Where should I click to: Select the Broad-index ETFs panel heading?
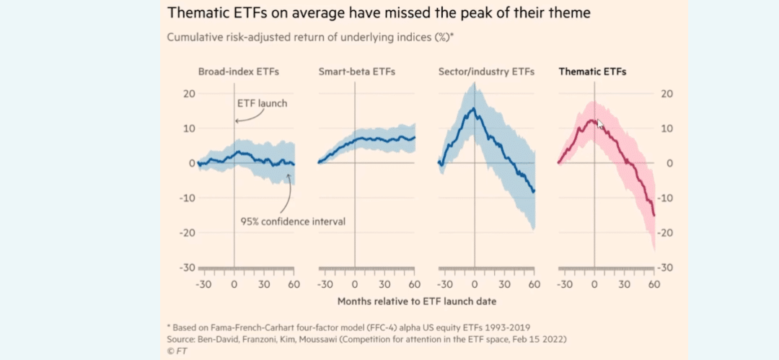click(x=239, y=71)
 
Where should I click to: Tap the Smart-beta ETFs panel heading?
click(x=356, y=71)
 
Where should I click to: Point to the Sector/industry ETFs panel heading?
click(x=486, y=71)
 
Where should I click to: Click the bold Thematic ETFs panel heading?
click(x=593, y=71)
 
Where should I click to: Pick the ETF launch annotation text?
click(x=262, y=103)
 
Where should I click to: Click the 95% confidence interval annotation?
click(x=293, y=221)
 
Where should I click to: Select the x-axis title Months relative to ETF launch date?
click(x=418, y=300)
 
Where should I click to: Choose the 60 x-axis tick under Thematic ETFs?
click(x=654, y=284)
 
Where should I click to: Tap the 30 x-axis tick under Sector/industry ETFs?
click(x=504, y=284)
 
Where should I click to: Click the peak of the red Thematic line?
click(x=592, y=120)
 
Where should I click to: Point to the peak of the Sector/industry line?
click(x=473, y=108)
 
